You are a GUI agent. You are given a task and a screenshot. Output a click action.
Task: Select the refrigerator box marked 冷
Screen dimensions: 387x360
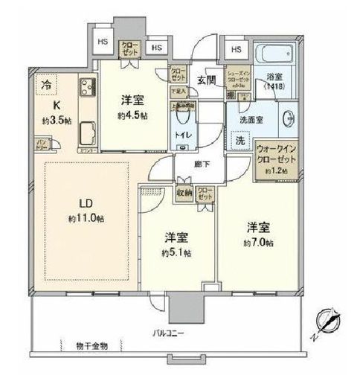point(47,83)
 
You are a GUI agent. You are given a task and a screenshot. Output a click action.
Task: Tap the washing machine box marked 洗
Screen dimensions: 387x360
point(240,140)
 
